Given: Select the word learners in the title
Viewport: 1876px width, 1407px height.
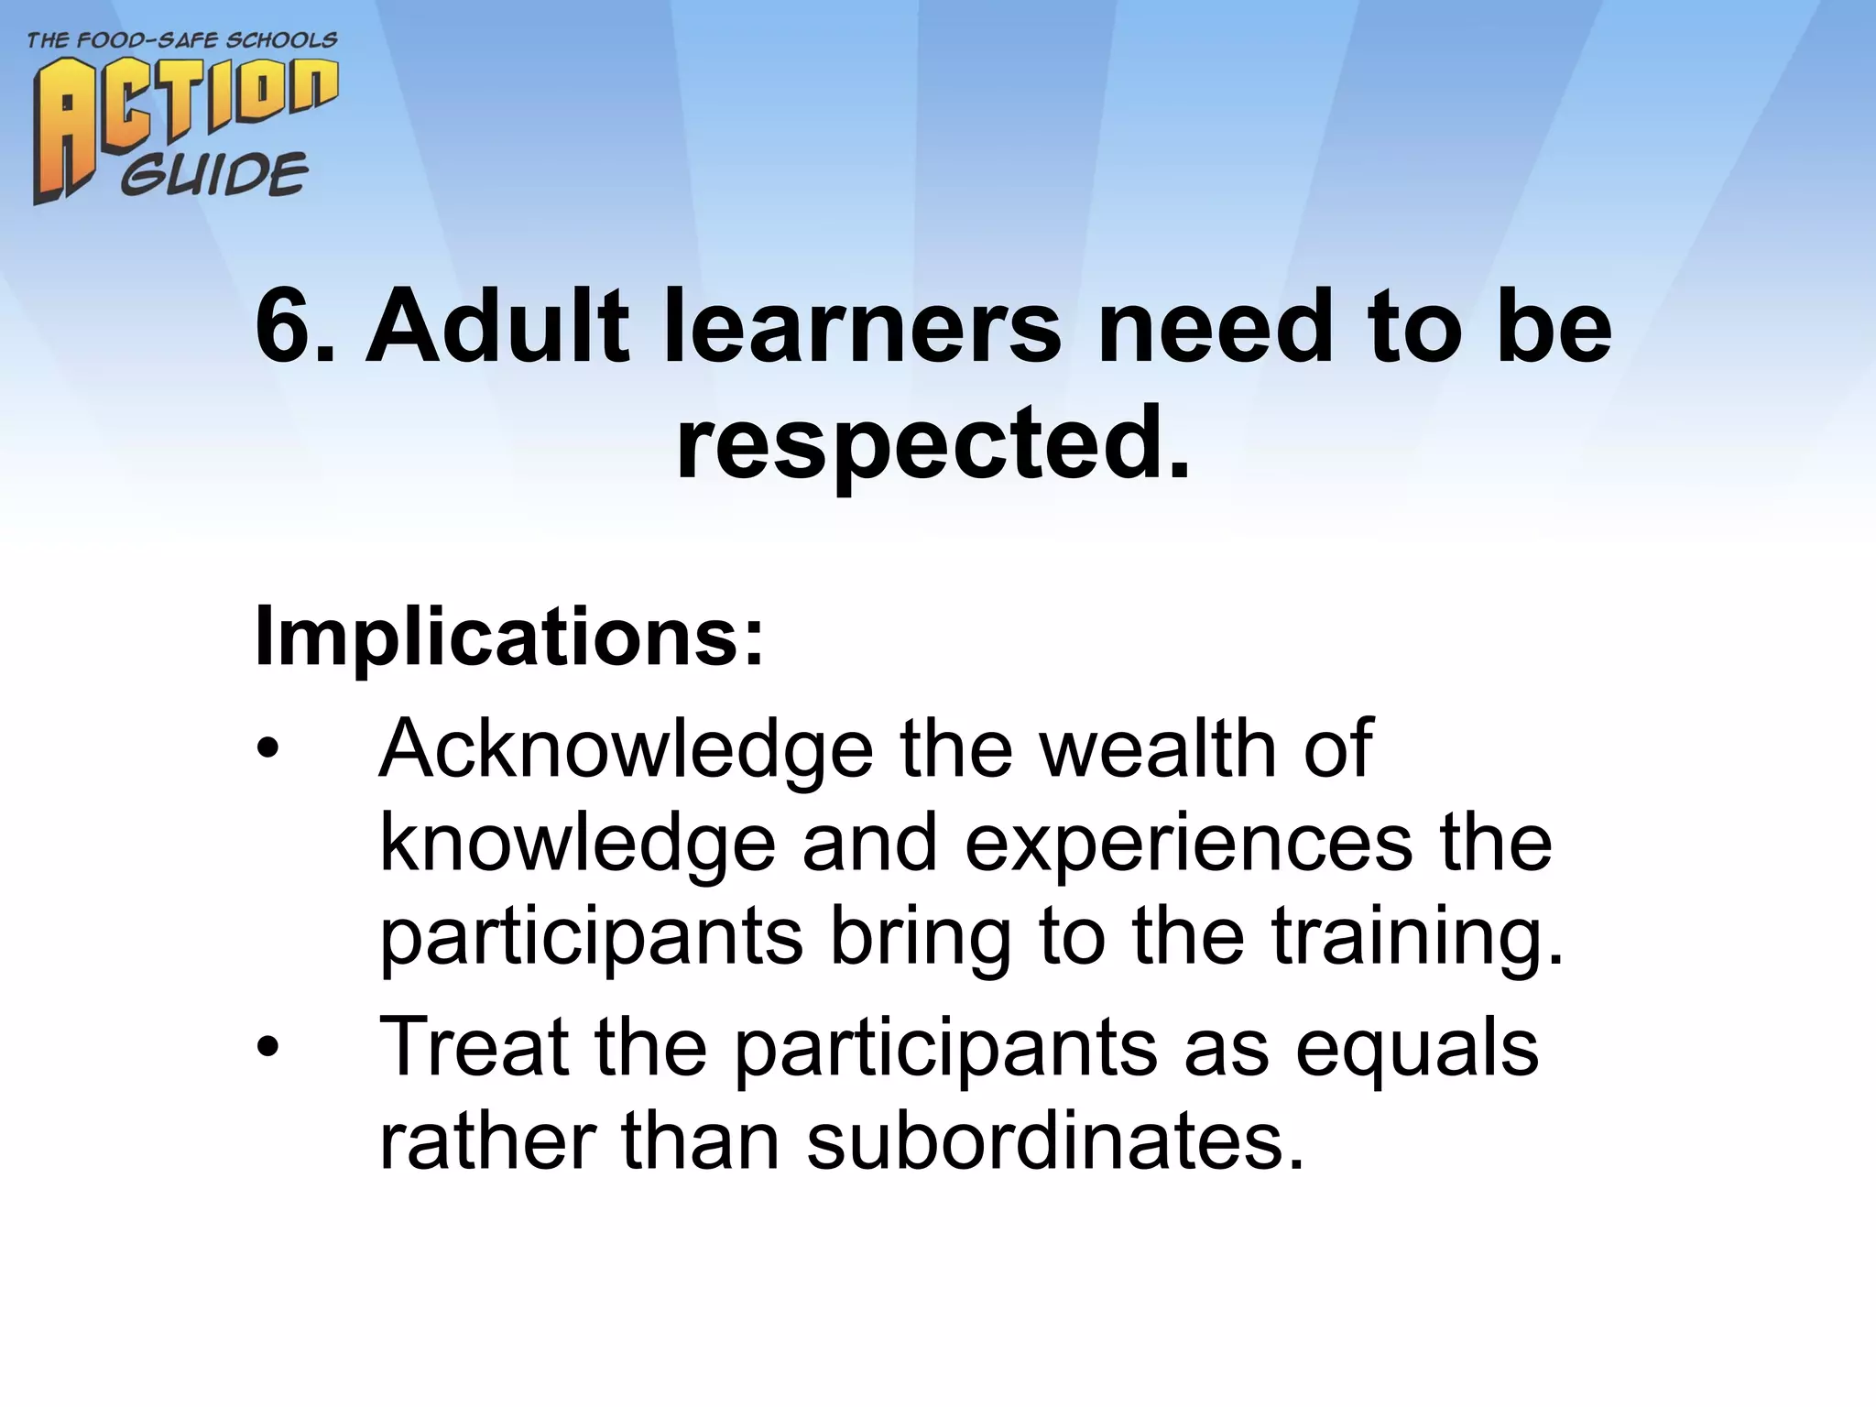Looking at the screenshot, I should tap(862, 327).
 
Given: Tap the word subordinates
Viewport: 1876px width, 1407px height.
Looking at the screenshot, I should tap(1054, 1142).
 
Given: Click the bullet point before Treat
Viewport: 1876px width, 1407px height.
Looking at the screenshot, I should tap(267, 1048).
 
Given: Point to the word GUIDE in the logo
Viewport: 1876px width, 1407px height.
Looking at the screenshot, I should tap(214, 175).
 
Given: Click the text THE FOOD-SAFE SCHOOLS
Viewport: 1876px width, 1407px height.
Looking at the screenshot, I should tap(182, 41).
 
